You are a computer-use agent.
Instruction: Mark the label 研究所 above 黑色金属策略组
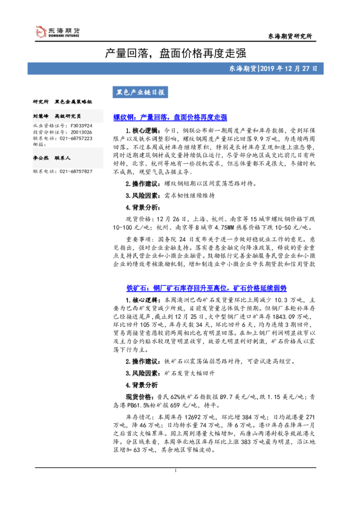click(41, 102)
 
